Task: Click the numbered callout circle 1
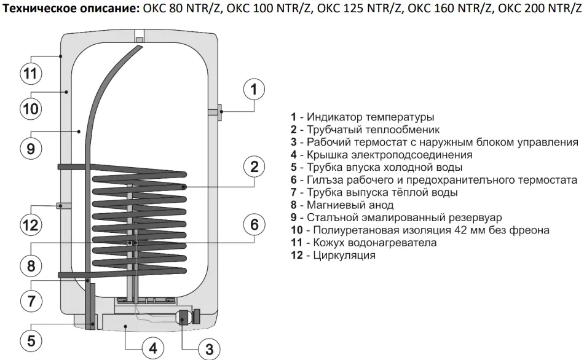254,89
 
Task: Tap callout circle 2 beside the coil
255,166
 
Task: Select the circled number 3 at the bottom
209,349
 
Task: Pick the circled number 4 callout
153,348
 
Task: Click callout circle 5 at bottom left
31,340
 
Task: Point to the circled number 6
255,224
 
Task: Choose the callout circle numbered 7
31,300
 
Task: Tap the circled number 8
31,265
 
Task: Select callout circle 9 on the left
31,149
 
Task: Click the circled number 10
31,109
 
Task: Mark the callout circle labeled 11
31,73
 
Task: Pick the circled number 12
31,225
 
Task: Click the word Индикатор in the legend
335,117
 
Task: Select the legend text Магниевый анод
350,205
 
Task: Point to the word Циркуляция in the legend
344,256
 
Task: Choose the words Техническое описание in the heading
71,8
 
